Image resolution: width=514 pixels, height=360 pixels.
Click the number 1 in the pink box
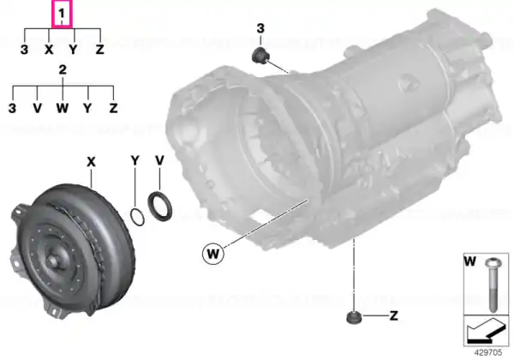pyautogui.click(x=62, y=14)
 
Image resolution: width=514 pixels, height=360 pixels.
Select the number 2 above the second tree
pyautogui.click(x=63, y=69)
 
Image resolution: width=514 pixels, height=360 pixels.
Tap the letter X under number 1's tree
pyautogui.click(x=49, y=50)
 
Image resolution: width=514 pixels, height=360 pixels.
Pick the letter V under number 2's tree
pyautogui.click(x=38, y=107)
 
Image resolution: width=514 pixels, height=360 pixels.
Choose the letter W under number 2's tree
pyautogui.click(x=63, y=107)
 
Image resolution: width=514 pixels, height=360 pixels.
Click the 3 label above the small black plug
pyautogui.click(x=260, y=28)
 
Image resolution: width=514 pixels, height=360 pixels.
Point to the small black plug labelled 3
pyautogui.click(x=260, y=55)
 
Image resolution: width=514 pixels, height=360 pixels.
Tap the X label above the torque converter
pyautogui.click(x=91, y=162)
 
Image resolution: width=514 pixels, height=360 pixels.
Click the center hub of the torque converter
pyautogui.click(x=53, y=261)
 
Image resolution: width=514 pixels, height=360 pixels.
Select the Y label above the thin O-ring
pyautogui.click(x=135, y=160)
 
